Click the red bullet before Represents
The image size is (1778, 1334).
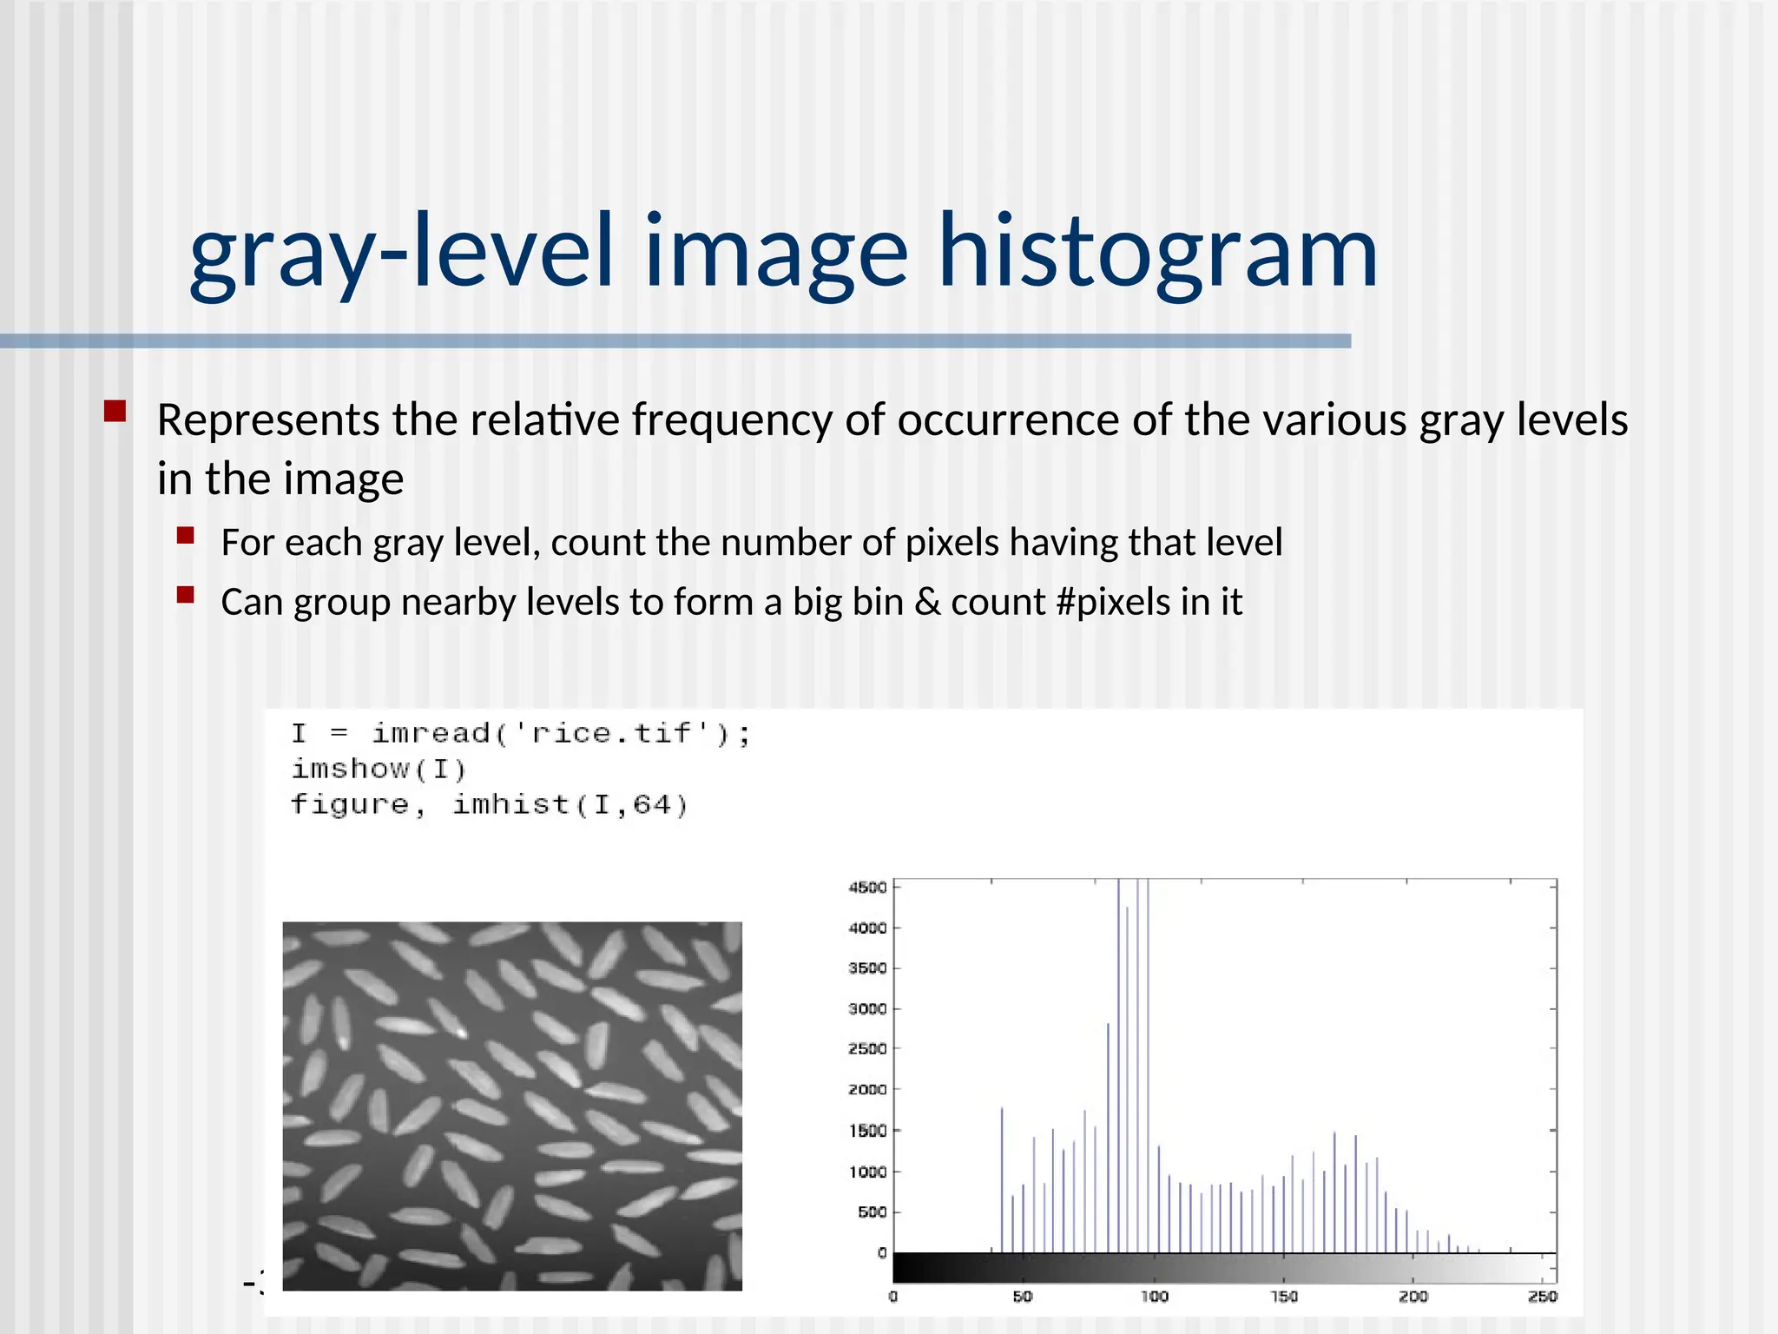click(x=115, y=410)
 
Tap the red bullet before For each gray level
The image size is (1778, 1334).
click(x=185, y=535)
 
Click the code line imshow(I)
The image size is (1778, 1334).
click(x=379, y=769)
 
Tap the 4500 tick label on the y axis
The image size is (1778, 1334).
click(x=867, y=887)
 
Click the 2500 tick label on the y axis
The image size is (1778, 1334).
click(x=867, y=1048)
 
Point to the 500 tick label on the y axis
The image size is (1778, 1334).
click(x=872, y=1212)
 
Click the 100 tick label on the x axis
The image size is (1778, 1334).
click(x=1154, y=1297)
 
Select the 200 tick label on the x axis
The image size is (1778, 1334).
click(x=1413, y=1297)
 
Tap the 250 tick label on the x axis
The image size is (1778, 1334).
click(x=1542, y=1297)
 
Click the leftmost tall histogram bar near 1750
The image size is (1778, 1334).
click(x=1002, y=1181)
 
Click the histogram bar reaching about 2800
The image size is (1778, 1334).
click(x=1109, y=1138)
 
